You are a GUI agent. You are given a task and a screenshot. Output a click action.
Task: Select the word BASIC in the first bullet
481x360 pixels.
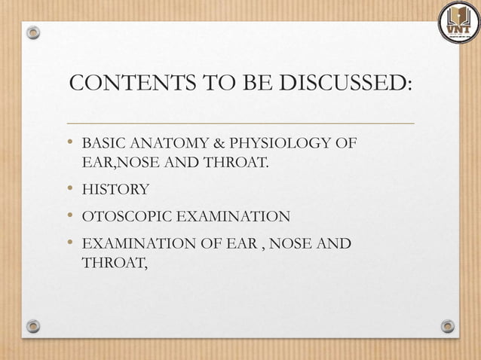click(x=100, y=143)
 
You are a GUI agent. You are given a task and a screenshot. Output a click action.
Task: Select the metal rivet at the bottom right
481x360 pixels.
click(x=448, y=326)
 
